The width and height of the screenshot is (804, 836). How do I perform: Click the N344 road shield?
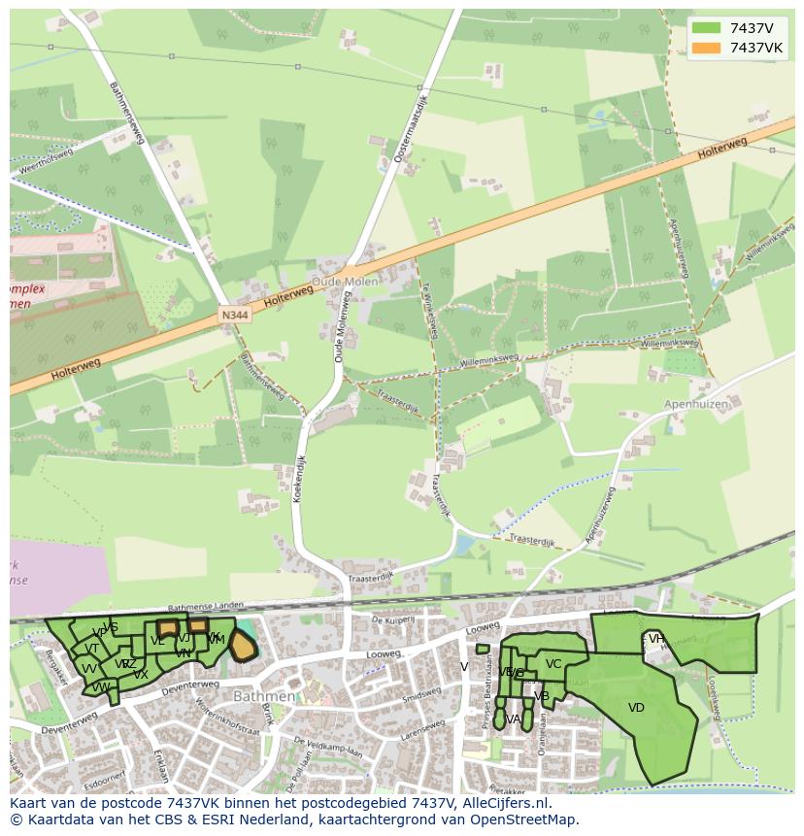234,316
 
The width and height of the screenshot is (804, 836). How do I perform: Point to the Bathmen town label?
263,696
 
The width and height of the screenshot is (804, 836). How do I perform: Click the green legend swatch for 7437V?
706,27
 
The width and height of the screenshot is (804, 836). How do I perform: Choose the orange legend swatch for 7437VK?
706,48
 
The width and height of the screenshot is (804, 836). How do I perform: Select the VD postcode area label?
636,708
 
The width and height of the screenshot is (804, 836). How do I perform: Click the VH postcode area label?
656,638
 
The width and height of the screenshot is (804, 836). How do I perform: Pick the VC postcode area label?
553,664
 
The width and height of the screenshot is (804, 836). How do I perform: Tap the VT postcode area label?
91,649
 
